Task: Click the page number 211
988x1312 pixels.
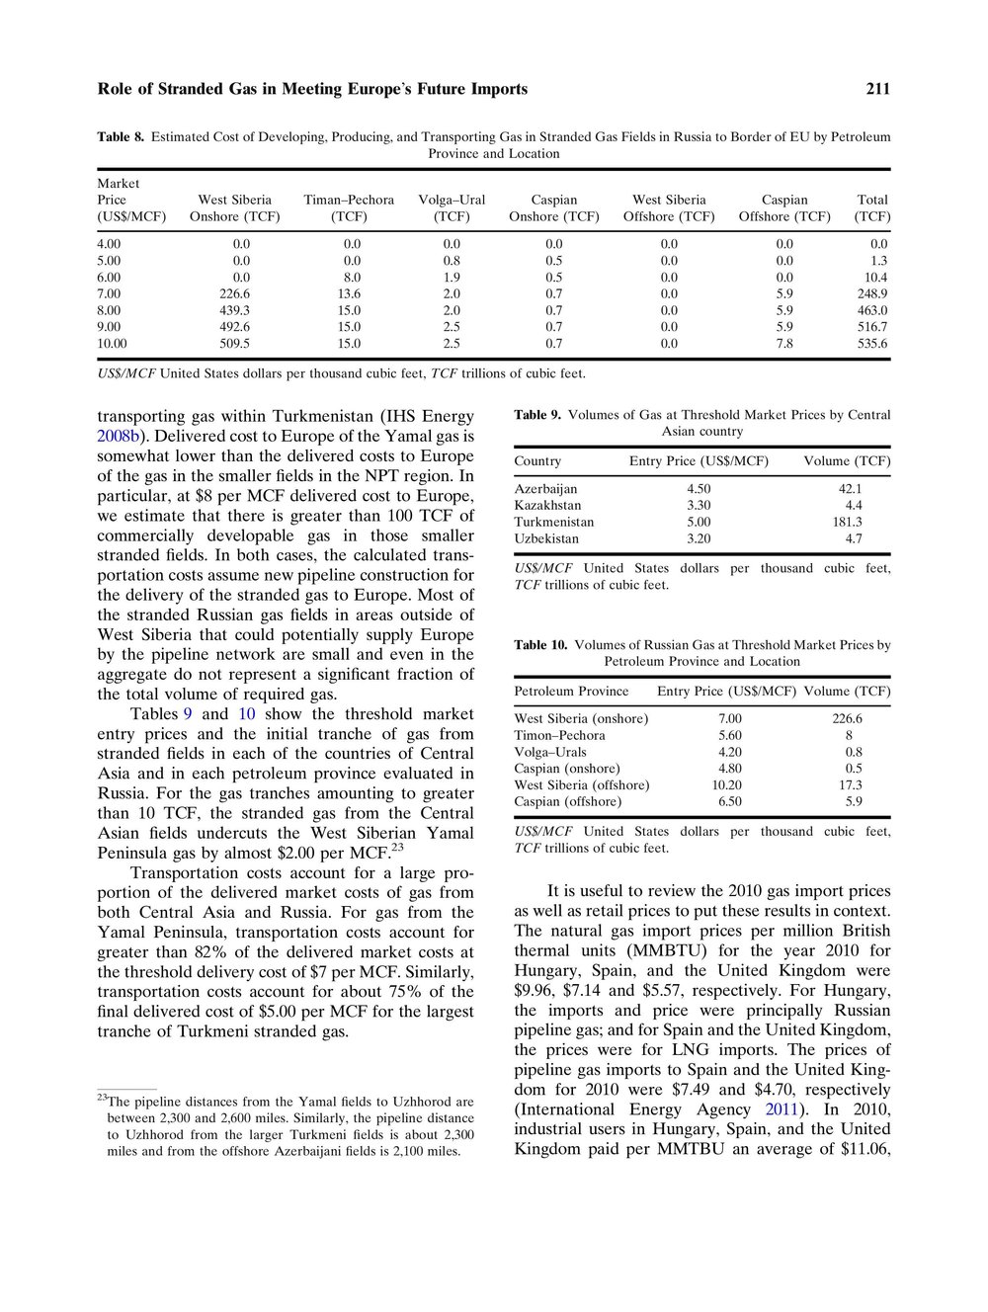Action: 878,89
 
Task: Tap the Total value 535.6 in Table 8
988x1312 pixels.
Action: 872,344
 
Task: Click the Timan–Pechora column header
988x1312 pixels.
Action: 349,207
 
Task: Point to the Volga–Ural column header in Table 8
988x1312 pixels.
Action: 452,207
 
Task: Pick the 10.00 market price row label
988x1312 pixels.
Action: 112,344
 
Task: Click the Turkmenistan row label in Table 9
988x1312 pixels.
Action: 554,522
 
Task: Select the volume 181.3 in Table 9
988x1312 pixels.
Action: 847,522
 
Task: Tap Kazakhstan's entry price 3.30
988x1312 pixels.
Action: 699,505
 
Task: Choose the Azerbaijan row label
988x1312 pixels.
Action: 545,488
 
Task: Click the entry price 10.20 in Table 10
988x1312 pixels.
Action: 726,784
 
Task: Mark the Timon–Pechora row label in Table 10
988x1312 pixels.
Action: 559,735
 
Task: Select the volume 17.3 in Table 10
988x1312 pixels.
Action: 849,784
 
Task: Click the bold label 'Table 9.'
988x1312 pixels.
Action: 537,415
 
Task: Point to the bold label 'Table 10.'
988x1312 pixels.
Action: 540,645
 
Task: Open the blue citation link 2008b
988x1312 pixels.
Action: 117,436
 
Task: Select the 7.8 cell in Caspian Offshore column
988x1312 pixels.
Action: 784,344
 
